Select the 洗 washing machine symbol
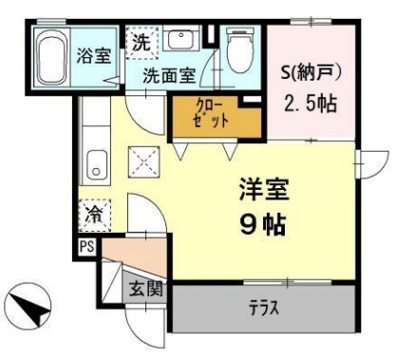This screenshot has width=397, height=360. click(141, 43)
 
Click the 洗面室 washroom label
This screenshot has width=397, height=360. click(170, 76)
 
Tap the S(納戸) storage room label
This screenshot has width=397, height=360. click(311, 71)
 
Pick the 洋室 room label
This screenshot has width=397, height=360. click(262, 188)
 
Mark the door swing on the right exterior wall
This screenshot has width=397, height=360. click(372, 162)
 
